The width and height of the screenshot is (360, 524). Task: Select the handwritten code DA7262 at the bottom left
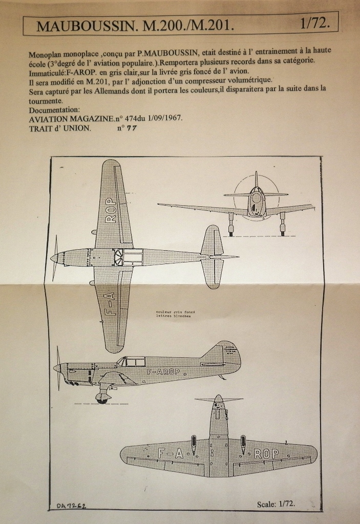coord(71,506)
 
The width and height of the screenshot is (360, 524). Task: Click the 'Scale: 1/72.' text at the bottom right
coord(276,504)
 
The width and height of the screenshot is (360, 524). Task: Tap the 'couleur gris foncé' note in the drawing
coord(176,312)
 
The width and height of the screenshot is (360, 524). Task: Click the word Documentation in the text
coord(54,110)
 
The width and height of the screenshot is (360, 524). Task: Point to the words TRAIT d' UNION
coord(60,128)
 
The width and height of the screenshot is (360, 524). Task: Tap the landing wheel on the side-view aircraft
coord(102,398)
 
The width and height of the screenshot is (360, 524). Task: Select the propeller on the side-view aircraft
coord(58,367)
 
